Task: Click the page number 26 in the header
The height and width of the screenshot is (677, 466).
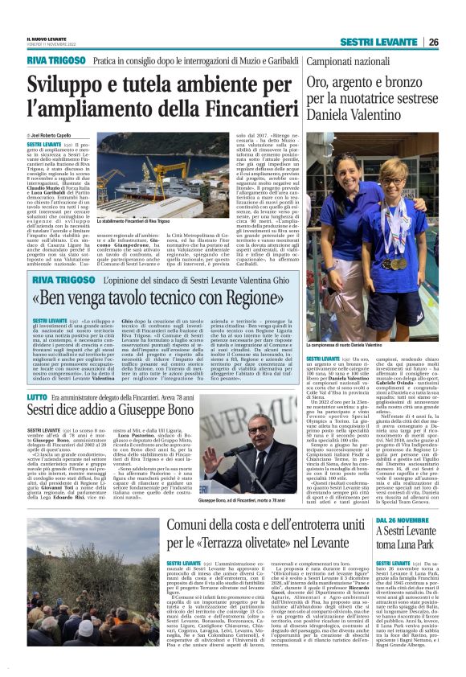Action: click(x=433, y=42)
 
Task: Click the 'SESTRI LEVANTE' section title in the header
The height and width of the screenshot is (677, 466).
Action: click(x=377, y=42)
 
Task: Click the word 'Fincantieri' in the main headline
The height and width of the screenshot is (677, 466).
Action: click(x=230, y=106)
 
